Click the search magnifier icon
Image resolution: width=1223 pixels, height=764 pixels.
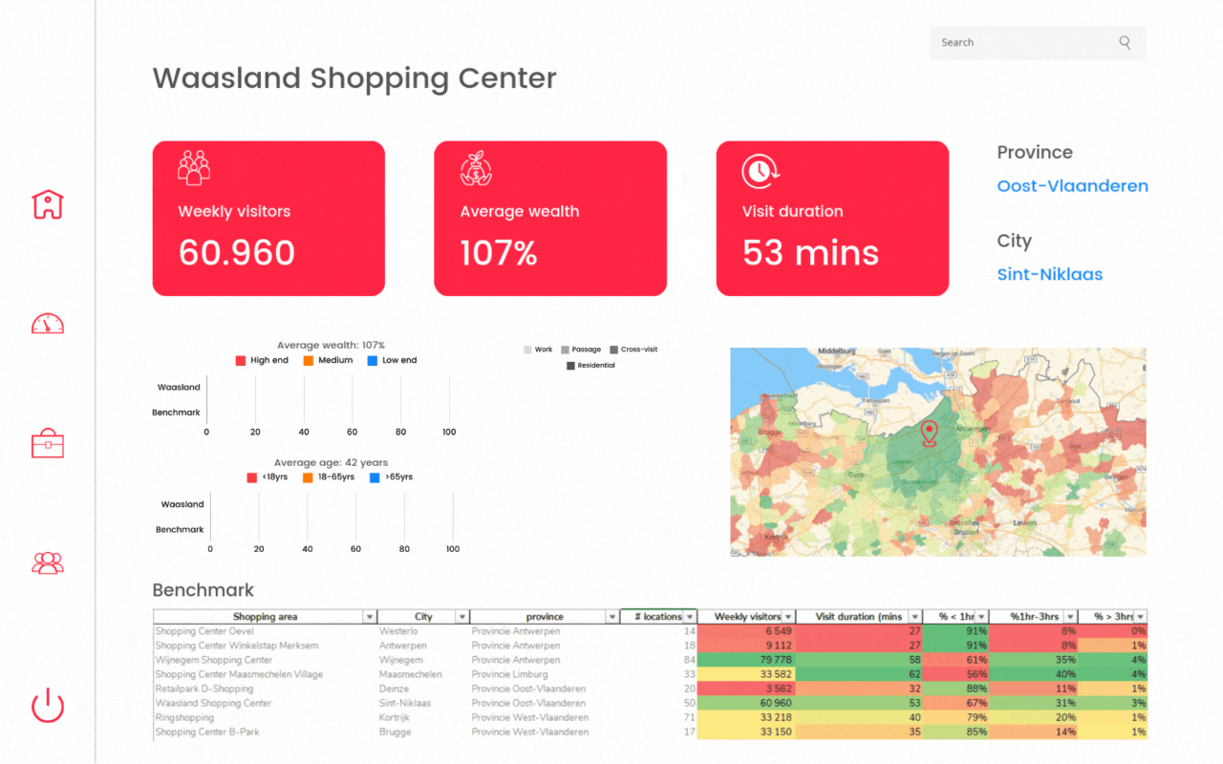[1125, 42]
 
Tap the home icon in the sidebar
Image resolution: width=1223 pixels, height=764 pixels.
[48, 203]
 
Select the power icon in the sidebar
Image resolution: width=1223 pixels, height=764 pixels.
[48, 706]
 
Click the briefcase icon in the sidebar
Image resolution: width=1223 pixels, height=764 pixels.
[48, 443]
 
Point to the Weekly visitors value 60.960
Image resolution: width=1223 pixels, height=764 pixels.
[237, 253]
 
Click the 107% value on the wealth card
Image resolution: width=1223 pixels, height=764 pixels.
[499, 253]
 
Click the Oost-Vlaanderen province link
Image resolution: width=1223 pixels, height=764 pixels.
[1072, 186]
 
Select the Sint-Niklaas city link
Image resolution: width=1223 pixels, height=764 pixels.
[1049, 275]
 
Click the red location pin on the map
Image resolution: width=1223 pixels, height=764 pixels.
[929, 434]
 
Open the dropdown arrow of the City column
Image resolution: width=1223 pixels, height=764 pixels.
[462, 617]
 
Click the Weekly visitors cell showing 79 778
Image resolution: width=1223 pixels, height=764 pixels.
[745, 660]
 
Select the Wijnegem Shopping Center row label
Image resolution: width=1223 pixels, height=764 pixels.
[214, 660]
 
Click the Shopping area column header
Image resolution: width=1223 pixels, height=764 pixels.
[265, 617]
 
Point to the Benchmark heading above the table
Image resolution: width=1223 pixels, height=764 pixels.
[204, 590]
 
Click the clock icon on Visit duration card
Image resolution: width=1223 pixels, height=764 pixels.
[760, 171]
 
